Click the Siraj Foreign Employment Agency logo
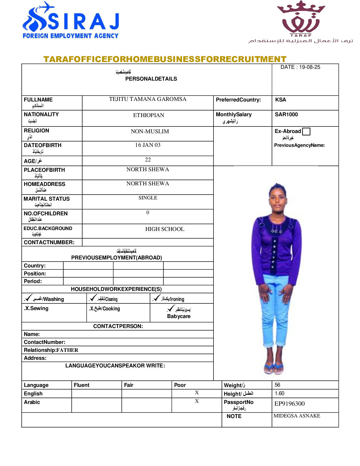[71, 21]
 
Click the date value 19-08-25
[309, 67]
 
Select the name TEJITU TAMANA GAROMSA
[148, 99]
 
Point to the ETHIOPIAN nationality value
[149, 115]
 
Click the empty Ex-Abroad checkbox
[306, 131]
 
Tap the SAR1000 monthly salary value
[286, 115]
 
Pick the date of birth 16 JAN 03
[148, 145]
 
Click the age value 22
[148, 160]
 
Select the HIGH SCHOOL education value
[165, 229]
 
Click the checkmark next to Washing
[29, 298]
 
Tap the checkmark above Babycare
[171, 308]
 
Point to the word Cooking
[111, 309]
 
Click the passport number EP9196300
[289, 404]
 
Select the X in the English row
[197, 393]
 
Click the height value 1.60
[279, 394]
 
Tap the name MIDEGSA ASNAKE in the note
[297, 416]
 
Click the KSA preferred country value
[280, 100]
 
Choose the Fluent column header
[81, 385]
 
